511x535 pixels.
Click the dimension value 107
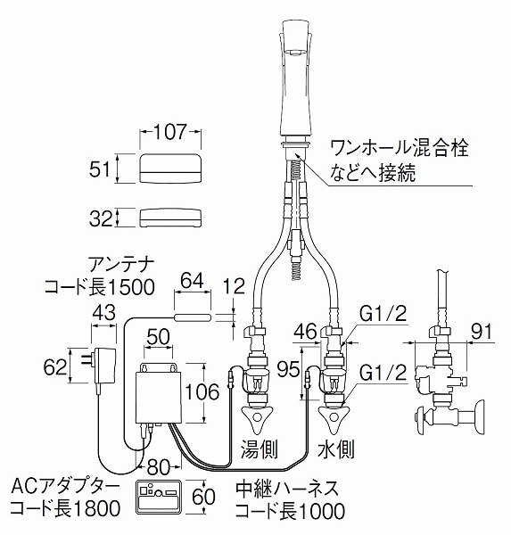(x=170, y=132)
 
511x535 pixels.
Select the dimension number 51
(x=100, y=169)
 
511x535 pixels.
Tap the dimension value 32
(x=101, y=218)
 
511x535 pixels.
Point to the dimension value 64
(x=192, y=281)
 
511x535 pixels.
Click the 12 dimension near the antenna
(x=234, y=286)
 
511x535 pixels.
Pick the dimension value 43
(x=104, y=313)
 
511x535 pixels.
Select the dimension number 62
(x=55, y=367)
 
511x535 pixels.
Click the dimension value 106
(x=202, y=391)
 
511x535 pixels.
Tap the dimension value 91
(x=481, y=332)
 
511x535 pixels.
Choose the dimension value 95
(x=288, y=369)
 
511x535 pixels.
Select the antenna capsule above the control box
(x=193, y=317)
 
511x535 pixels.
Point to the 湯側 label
(x=260, y=449)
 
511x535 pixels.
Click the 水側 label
(x=336, y=449)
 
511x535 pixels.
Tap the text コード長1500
(x=100, y=287)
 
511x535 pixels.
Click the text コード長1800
(x=65, y=509)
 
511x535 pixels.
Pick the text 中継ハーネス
(x=287, y=489)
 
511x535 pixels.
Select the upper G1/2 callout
(x=383, y=314)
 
